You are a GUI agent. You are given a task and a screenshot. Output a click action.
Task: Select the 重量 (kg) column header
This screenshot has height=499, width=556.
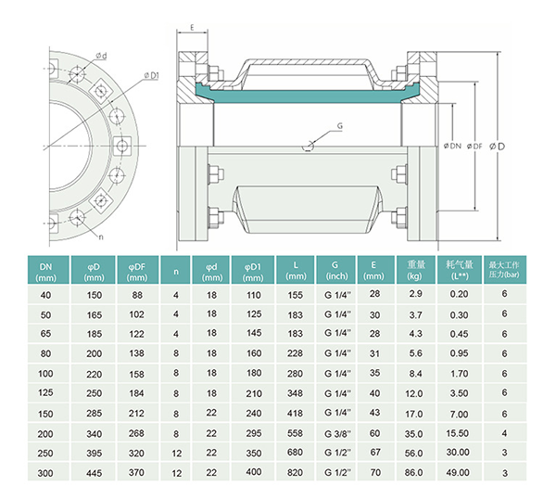415,271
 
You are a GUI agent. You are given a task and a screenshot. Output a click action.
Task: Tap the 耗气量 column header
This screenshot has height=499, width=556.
458,271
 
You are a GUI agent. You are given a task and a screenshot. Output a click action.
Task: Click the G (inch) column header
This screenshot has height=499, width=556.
336,271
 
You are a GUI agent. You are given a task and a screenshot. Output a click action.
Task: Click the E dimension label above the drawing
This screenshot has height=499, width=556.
191,29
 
